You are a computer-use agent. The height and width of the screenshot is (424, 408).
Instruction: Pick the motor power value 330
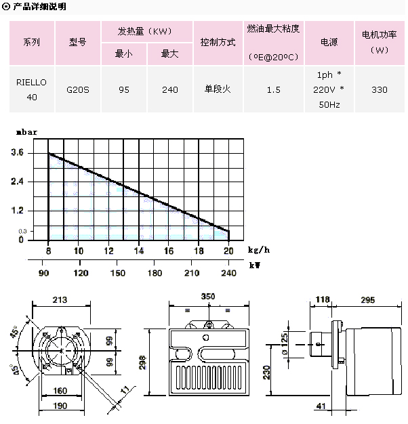(380, 89)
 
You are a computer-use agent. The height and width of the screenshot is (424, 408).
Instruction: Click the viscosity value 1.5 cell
(274, 89)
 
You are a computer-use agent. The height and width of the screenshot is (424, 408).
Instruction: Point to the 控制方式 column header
(218, 42)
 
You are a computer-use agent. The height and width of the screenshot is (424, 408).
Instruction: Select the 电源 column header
(329, 42)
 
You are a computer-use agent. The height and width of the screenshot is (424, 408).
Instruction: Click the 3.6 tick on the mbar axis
(17, 154)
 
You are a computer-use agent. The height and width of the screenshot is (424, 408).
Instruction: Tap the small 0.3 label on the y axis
(22, 232)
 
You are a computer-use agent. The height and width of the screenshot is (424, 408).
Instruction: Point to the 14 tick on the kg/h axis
(139, 251)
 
